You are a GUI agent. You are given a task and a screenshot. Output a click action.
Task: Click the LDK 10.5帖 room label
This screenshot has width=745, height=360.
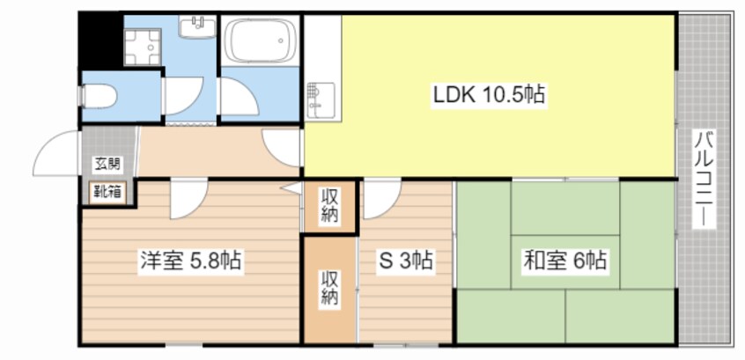point(489,96)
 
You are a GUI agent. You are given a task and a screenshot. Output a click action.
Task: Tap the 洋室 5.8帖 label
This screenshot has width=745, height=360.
point(190,261)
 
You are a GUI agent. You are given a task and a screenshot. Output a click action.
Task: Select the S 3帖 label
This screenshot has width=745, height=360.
point(405,261)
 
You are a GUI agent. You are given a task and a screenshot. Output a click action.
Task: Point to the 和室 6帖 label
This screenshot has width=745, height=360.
point(565,261)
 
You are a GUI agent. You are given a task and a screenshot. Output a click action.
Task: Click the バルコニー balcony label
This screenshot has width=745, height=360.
point(704,179)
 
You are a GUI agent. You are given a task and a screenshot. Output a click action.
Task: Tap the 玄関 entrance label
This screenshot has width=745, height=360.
point(107,165)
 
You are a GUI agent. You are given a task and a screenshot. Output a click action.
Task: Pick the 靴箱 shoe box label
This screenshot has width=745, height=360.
point(107,193)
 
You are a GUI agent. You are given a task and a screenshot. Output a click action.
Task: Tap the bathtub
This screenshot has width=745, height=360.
point(261,40)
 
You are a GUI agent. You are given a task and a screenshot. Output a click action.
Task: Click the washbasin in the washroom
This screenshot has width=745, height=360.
point(197,26)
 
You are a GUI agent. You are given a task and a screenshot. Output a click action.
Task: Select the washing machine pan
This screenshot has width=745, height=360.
point(142,47)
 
